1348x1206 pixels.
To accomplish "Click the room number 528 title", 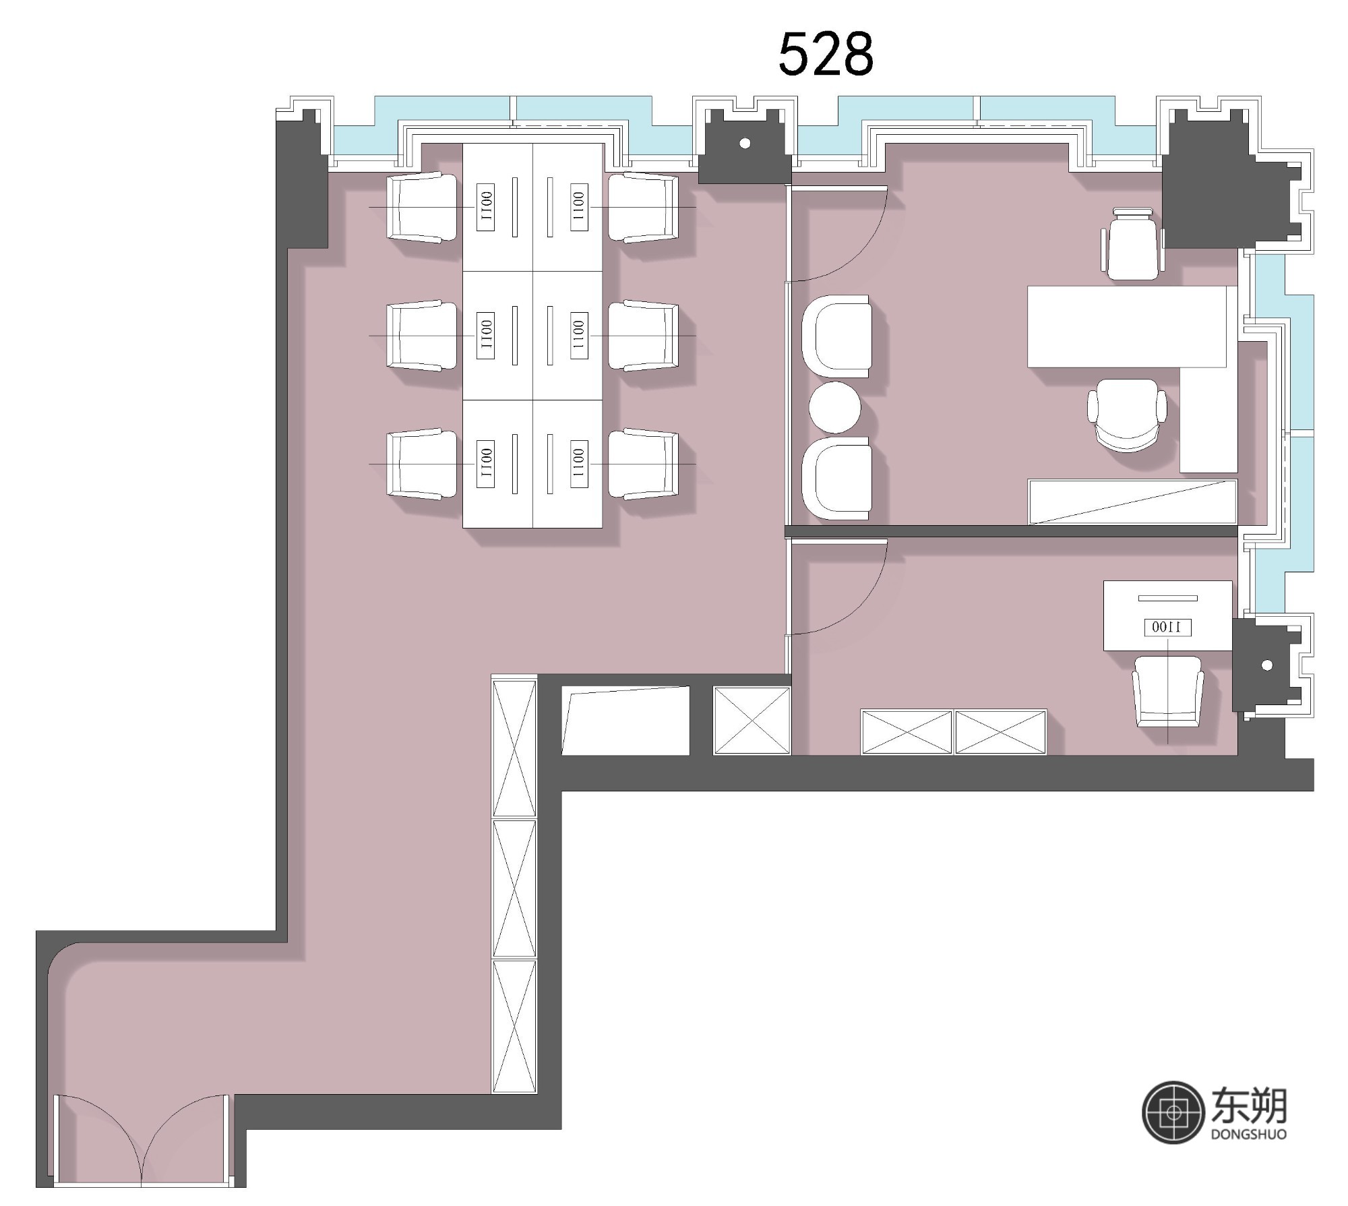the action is pyautogui.click(x=826, y=54).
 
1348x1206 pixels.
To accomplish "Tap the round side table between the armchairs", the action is pyautogui.click(x=834, y=407).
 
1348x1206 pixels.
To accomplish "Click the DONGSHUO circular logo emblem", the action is pyautogui.click(x=1173, y=1131).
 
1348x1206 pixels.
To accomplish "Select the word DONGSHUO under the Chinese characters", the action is pyautogui.click(x=1248, y=1153).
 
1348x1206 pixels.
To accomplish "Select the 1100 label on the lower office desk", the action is pyautogui.click(x=1167, y=628).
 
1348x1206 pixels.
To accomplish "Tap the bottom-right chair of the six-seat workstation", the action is pyautogui.click(x=644, y=464).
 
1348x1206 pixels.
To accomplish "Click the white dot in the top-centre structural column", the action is pyautogui.click(x=745, y=143).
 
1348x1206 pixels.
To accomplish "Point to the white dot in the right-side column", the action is pyautogui.click(x=1266, y=665).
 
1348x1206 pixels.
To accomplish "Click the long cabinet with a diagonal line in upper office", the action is pyautogui.click(x=1132, y=502).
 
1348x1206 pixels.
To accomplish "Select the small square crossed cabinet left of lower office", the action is pyautogui.click(x=752, y=720).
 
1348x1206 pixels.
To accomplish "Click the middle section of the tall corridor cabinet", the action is pyautogui.click(x=514, y=888).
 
